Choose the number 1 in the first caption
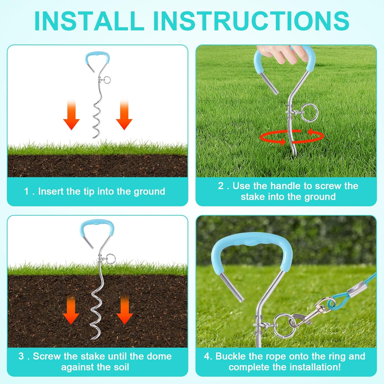(26, 191)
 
